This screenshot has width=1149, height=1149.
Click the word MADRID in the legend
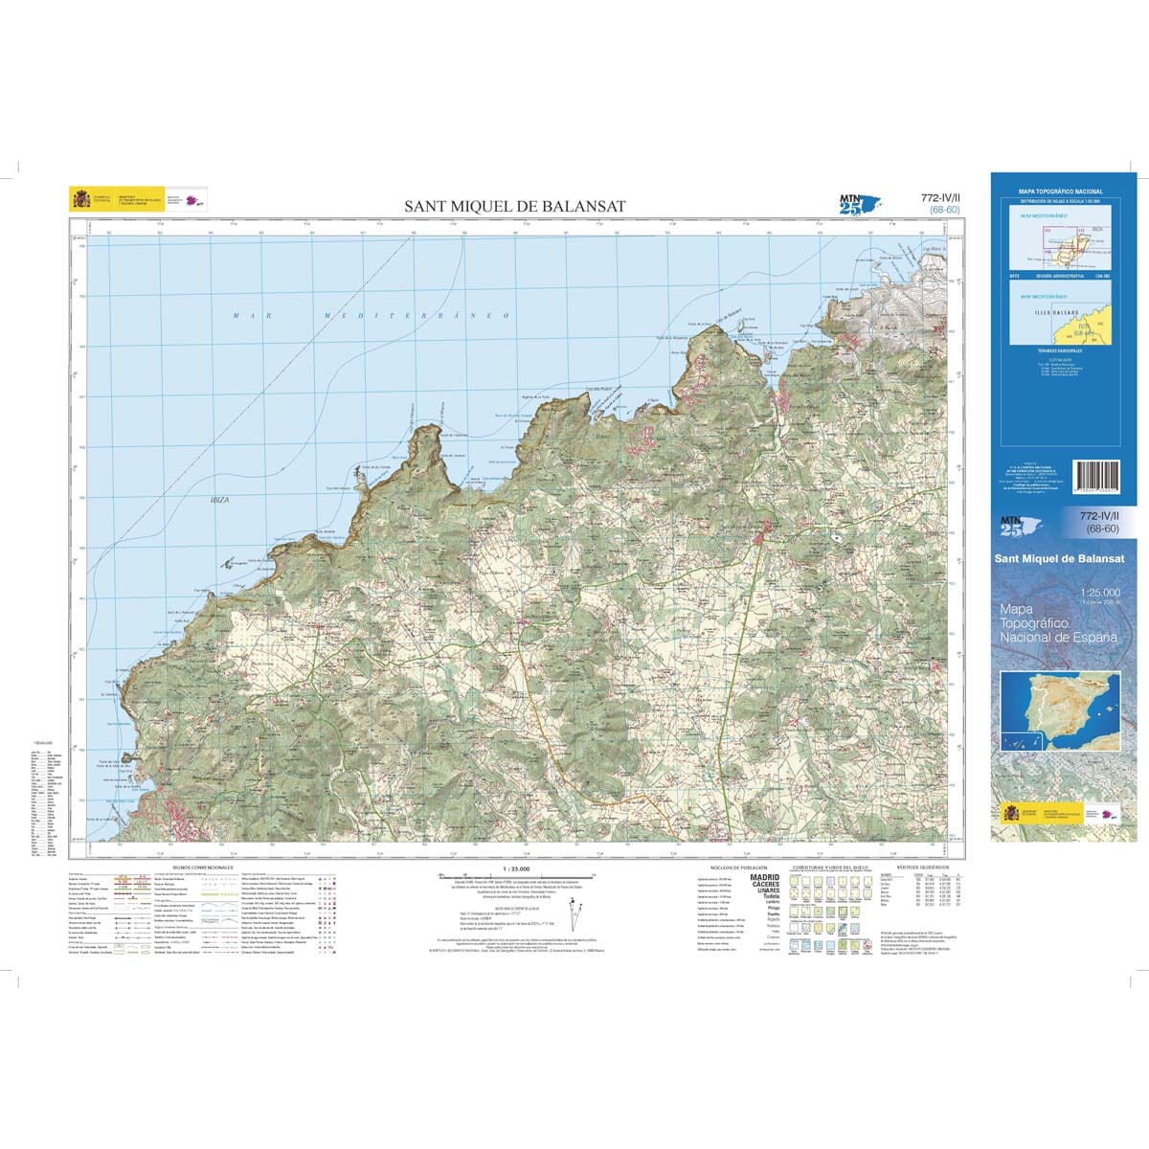click(x=764, y=876)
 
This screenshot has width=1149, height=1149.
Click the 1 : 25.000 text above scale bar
click(x=502, y=867)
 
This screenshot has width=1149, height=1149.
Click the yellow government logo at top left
click(x=79, y=200)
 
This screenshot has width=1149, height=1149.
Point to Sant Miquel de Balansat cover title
click(x=1060, y=560)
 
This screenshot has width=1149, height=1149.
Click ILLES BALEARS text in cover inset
click(x=1053, y=313)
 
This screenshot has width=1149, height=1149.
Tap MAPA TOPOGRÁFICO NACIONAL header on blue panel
click(x=1060, y=192)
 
